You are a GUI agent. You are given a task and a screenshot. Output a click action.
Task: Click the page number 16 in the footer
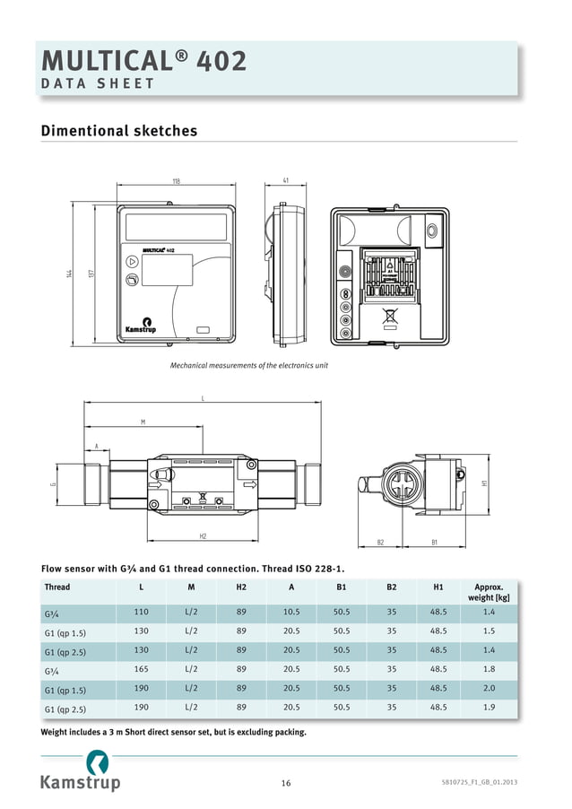(285, 783)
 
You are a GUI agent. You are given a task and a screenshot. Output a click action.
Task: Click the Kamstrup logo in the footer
(80, 773)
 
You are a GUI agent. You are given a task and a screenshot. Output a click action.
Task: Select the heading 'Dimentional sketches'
(119, 131)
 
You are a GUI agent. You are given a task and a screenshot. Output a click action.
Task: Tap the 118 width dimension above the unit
(176, 181)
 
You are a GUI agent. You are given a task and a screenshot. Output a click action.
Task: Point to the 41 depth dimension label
(285, 181)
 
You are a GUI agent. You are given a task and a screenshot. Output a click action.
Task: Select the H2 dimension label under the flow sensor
(203, 535)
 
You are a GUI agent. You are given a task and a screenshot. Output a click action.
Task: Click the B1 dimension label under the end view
(435, 542)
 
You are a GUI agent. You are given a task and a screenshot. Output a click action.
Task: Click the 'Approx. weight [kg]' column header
(489, 592)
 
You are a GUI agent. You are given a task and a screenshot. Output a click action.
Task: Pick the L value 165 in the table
(141, 670)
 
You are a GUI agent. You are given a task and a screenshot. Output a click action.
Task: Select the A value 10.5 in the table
(291, 612)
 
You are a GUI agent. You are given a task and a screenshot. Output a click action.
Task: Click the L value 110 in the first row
(141, 612)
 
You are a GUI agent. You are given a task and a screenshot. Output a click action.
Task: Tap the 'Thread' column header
(57, 587)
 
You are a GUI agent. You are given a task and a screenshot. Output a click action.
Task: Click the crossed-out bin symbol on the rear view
(390, 316)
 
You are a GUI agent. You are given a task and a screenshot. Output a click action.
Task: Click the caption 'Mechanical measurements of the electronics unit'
(249, 365)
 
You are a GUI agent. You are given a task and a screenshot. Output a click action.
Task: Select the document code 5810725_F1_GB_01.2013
(479, 783)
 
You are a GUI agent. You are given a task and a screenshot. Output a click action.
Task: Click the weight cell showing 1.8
(489, 670)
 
